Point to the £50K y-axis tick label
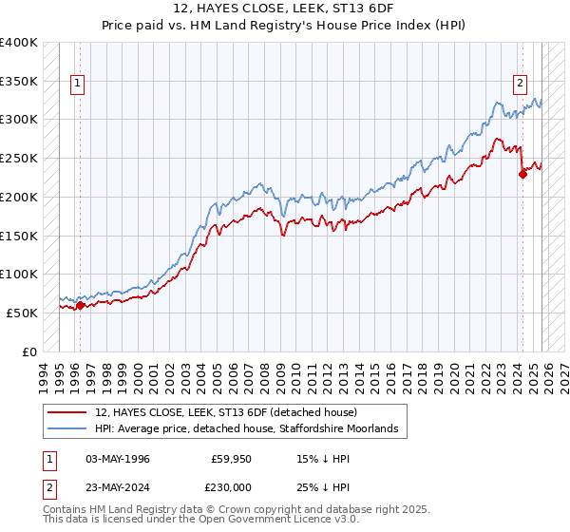coord(22,313)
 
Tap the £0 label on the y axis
coord(30,351)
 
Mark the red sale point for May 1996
coord(80,305)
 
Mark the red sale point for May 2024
coord(522,174)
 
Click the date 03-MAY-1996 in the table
coord(118,459)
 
